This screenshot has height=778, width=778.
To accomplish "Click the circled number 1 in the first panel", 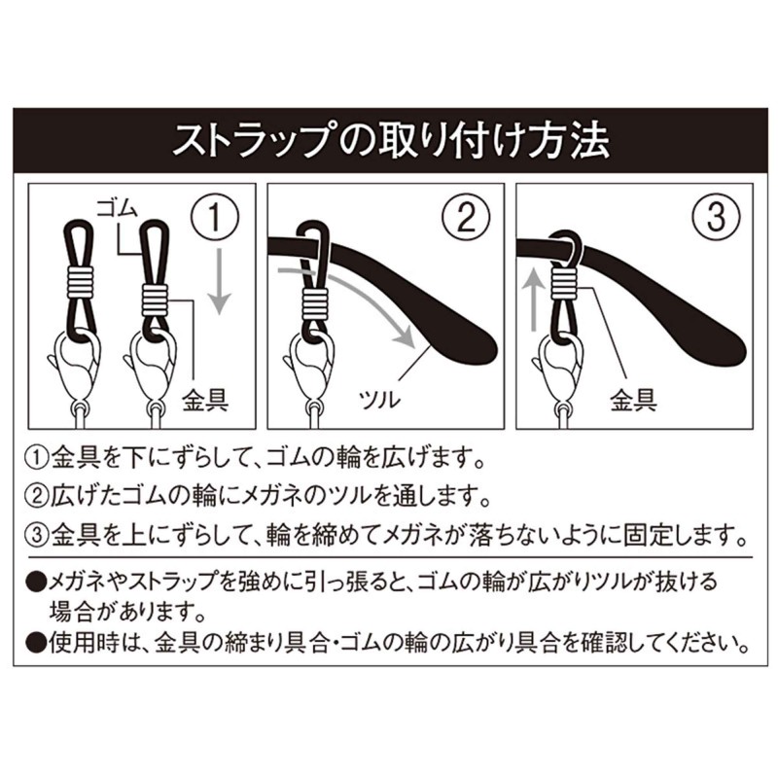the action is pyautogui.click(x=215, y=217).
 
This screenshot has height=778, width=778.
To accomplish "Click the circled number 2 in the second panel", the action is pyautogui.click(x=466, y=217).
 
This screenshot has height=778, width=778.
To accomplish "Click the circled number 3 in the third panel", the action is pyautogui.click(x=715, y=217).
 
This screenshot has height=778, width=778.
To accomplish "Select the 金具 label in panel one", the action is pyautogui.click(x=205, y=400).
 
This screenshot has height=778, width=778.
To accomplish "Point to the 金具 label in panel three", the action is pyautogui.click(x=634, y=400).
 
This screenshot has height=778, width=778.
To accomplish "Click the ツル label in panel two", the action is pyautogui.click(x=380, y=400).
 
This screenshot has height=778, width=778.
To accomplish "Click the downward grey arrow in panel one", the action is pyautogui.click(x=218, y=281).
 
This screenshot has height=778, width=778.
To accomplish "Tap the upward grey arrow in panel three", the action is pyautogui.click(x=534, y=298).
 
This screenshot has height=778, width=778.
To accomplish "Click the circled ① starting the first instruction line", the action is pyautogui.click(x=38, y=458).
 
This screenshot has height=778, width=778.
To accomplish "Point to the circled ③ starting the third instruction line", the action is pyautogui.click(x=38, y=535).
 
